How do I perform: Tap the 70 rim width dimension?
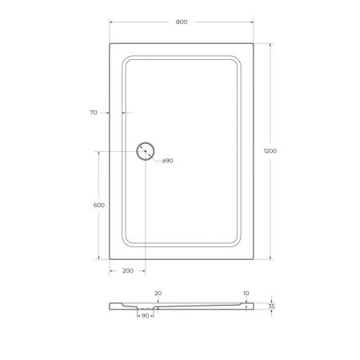[94, 113]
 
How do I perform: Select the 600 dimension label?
[99, 205]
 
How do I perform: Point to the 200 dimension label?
[127, 271]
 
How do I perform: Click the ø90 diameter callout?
[168, 161]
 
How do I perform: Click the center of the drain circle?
[146, 151]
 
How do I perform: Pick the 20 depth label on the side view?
[158, 294]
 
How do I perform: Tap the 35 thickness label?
[272, 306]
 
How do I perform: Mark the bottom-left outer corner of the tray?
[108, 258]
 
